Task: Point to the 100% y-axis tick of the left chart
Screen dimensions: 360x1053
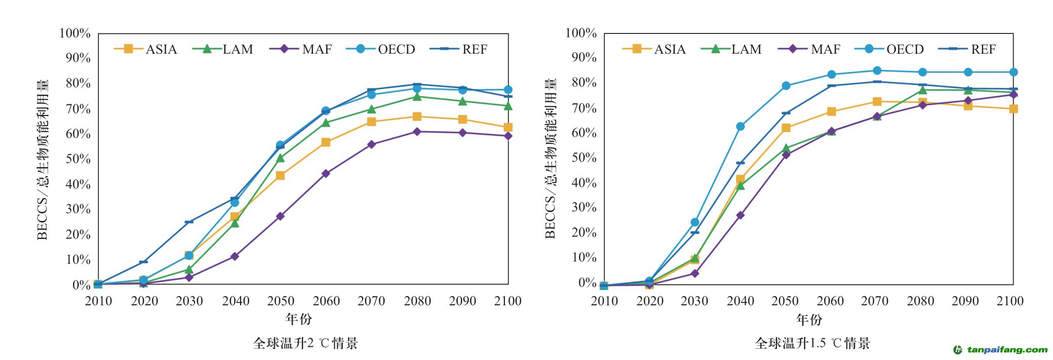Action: tap(75, 33)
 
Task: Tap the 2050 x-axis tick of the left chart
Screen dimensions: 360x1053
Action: tap(281, 301)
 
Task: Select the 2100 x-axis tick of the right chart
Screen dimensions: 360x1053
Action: tap(1010, 301)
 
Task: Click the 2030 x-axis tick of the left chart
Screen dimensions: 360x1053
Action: tap(189, 301)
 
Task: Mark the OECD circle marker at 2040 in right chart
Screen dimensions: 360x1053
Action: tap(740, 126)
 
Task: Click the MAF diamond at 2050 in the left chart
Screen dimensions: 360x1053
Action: tap(280, 216)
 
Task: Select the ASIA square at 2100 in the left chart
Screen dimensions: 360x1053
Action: tap(508, 128)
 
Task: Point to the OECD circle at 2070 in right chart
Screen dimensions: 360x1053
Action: tap(877, 71)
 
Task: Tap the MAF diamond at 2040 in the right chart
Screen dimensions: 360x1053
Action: tap(740, 215)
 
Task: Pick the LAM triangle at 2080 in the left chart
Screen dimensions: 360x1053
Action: tap(417, 97)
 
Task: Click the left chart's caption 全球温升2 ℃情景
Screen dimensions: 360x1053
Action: tap(305, 343)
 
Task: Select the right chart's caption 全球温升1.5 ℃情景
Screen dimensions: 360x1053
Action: tap(812, 343)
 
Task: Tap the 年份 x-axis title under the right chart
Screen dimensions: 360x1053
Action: tap(809, 319)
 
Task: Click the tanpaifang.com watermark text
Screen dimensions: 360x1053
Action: tap(1007, 349)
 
